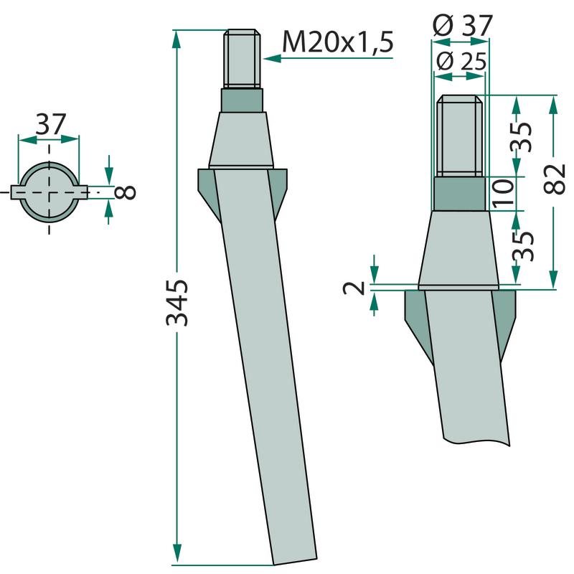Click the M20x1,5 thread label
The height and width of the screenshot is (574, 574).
tap(337, 42)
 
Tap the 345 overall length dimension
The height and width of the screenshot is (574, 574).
tap(177, 303)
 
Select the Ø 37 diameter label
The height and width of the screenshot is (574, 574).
tap(462, 25)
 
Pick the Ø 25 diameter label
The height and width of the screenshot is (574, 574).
tap(461, 61)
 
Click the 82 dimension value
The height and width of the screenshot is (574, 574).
tap(555, 179)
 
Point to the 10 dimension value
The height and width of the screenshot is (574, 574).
tap(503, 194)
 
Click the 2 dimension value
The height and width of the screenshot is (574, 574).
tap(354, 288)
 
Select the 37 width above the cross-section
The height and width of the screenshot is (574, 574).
tap(51, 124)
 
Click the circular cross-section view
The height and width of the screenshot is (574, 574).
tap(49, 192)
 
